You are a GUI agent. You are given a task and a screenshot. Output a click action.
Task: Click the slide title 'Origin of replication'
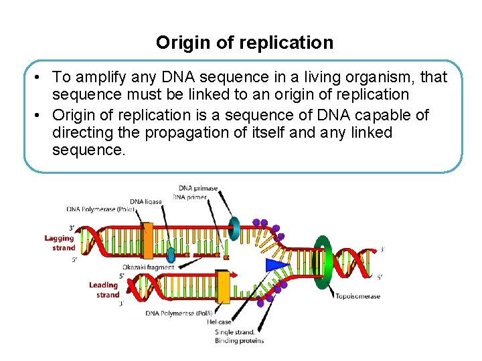click(x=244, y=43)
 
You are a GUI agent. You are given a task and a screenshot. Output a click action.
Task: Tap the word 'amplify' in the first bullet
click(x=103, y=78)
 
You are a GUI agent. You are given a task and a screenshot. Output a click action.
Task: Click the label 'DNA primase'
click(x=197, y=188)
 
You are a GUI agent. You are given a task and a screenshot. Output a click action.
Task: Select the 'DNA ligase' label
click(x=146, y=201)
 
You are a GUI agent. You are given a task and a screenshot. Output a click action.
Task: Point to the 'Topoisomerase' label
click(x=357, y=296)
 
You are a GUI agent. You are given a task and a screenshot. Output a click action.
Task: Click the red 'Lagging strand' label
click(x=60, y=243)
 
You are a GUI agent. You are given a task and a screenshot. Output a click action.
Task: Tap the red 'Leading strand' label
click(x=104, y=289)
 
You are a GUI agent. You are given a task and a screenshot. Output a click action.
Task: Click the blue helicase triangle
click(x=276, y=265)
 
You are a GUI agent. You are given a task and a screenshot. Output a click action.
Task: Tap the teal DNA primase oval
click(x=234, y=227)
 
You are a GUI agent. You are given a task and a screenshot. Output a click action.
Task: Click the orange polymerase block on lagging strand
click(x=148, y=241)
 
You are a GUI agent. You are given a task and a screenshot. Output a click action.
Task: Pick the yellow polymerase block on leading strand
click(x=223, y=287)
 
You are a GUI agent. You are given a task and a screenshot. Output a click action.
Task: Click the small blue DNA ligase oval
click(x=171, y=254)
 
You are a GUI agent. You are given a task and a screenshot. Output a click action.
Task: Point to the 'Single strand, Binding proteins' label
click(x=239, y=336)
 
